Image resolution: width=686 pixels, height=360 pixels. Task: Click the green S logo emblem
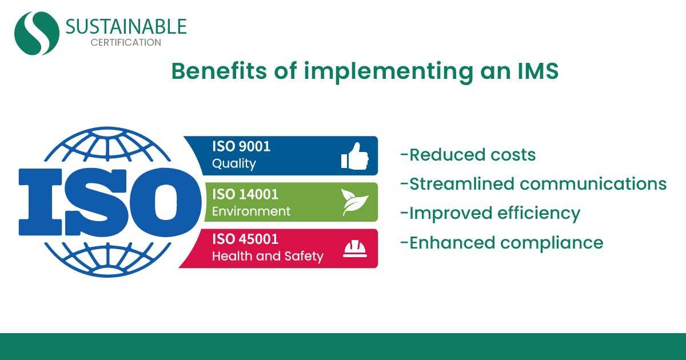[x=37, y=33]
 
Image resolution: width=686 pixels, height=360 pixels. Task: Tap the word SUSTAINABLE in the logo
[x=126, y=26]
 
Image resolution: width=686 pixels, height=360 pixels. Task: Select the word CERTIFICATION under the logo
[x=126, y=42]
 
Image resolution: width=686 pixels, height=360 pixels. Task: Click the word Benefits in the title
[x=219, y=71]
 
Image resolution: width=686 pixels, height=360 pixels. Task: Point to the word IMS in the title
[x=538, y=71]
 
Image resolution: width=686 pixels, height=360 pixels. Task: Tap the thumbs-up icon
[x=355, y=156]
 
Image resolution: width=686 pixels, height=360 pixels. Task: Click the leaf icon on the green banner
[x=355, y=202]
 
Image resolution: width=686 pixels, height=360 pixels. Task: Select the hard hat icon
[x=354, y=249]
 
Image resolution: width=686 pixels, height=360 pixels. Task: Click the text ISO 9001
[x=241, y=146]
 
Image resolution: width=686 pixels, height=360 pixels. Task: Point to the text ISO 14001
[x=245, y=194]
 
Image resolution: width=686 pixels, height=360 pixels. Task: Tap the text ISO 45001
[x=245, y=239]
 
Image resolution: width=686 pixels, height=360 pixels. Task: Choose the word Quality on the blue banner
[x=234, y=164]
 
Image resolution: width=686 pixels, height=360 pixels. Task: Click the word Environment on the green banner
[x=251, y=211]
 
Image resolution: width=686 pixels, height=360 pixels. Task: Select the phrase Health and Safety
[x=268, y=256]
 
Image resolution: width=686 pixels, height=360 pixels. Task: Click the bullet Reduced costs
[x=468, y=155]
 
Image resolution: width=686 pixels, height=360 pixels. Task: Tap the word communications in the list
[x=593, y=183]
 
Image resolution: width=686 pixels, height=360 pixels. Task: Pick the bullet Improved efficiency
[x=490, y=213]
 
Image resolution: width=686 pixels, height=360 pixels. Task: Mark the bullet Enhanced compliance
[x=502, y=243]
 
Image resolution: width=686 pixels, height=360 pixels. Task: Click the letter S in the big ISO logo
[x=96, y=202]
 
